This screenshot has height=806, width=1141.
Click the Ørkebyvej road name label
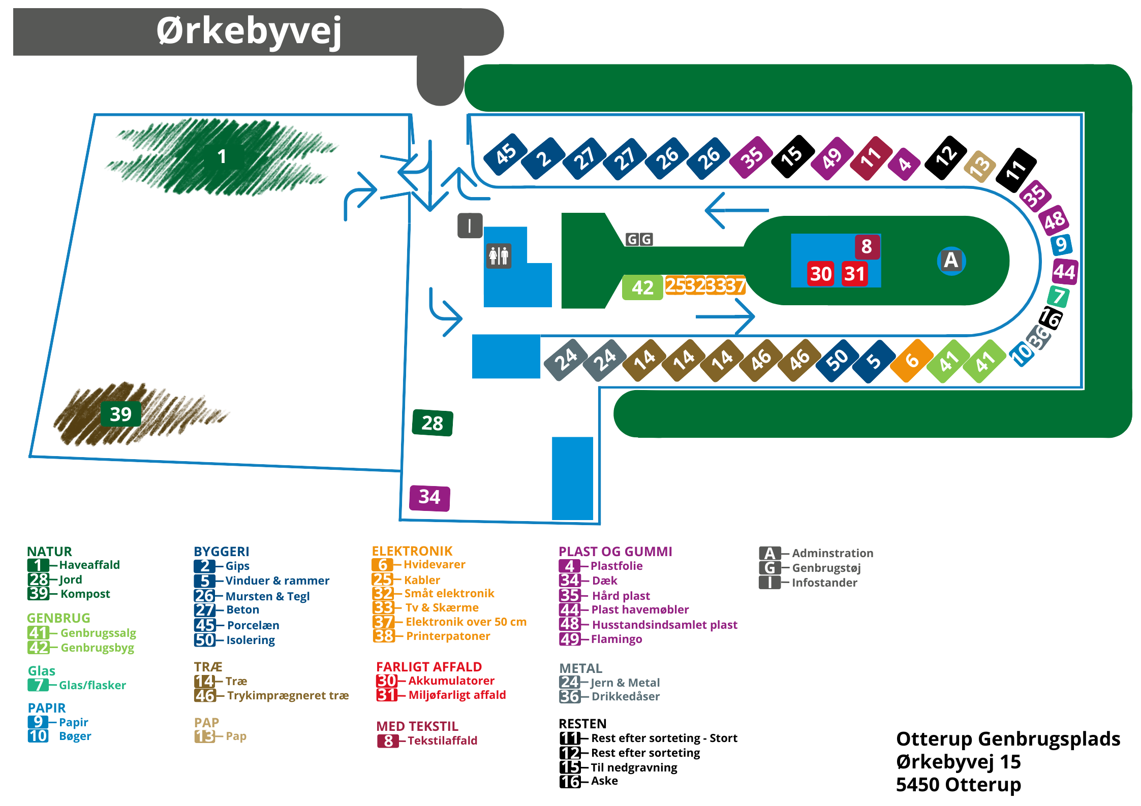point(249,31)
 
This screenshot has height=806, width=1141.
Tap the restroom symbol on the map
point(499,255)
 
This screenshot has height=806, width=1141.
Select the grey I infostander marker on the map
point(469,225)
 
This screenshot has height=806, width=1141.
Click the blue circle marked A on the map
point(950,261)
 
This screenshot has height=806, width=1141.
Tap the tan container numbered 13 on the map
point(980,166)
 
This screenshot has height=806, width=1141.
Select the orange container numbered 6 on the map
point(912,360)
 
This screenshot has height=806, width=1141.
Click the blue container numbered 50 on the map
point(837,360)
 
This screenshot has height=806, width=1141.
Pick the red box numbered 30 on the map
point(820,274)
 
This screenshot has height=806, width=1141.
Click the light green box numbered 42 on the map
point(642,287)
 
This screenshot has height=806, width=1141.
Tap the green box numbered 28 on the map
point(432,423)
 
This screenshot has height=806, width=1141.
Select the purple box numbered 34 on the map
point(429,497)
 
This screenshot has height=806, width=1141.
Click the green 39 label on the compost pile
point(120,414)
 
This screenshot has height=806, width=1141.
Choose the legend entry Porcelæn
point(253,625)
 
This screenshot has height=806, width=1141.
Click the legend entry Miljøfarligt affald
point(457,695)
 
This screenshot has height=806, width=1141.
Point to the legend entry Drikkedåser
point(625,696)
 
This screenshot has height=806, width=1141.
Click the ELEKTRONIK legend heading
point(412,551)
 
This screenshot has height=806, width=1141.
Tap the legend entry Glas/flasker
point(92,685)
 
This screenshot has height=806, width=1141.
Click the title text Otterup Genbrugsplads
point(1007,739)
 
